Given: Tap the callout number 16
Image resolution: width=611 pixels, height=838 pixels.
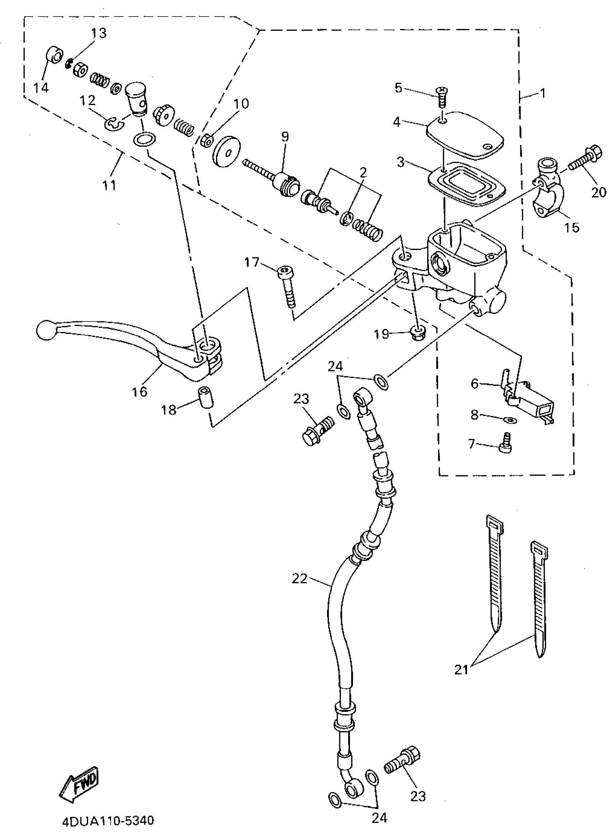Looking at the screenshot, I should point(139,391).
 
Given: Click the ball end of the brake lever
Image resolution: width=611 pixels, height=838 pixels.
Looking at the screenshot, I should point(47,330).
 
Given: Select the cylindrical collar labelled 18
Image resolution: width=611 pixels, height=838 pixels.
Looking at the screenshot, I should point(206,398).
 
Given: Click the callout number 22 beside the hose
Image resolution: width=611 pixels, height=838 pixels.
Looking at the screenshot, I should point(299,579).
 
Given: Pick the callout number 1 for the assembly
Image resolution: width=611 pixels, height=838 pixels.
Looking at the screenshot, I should point(543,93).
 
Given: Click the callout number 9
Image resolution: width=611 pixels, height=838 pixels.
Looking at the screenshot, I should point(284,137).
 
